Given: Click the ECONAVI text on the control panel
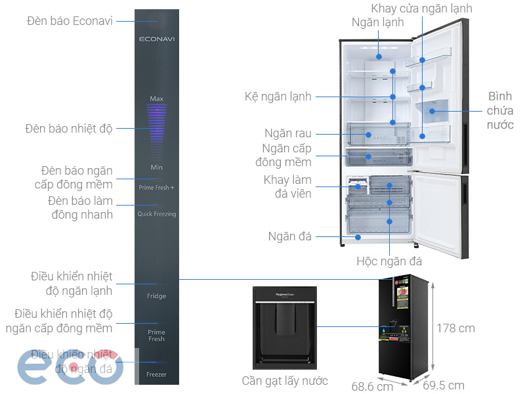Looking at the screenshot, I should tap(156, 39).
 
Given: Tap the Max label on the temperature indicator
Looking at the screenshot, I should tap(156, 98).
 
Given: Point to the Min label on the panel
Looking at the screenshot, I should tap(156, 167).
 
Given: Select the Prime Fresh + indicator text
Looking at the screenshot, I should tap(156, 188).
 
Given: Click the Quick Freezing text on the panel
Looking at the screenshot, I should tap(156, 214).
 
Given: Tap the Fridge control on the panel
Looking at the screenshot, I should tap(156, 296).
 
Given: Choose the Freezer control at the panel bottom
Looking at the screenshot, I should tap(156, 374).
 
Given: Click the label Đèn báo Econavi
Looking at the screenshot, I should tap(70, 21).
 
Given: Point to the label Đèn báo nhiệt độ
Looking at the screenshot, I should tap(69, 128).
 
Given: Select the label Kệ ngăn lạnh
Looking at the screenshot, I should tap(278, 97).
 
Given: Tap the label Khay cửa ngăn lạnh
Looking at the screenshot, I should tap(421, 9).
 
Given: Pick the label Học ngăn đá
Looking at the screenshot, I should tap(389, 261).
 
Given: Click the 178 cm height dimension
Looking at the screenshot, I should tap(456, 328).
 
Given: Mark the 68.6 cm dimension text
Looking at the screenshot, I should tap(372, 386).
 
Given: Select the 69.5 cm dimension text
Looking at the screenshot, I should tap(443, 385).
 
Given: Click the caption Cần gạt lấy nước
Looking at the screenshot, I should tap(284, 381).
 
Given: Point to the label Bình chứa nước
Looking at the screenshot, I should tap(500, 110).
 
